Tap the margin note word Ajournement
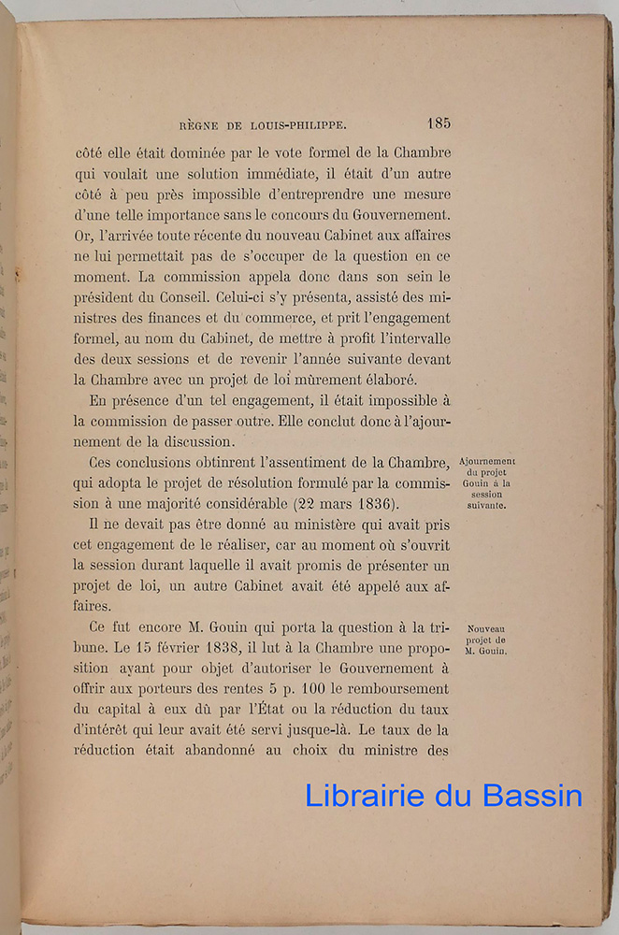pyautogui.click(x=488, y=462)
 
